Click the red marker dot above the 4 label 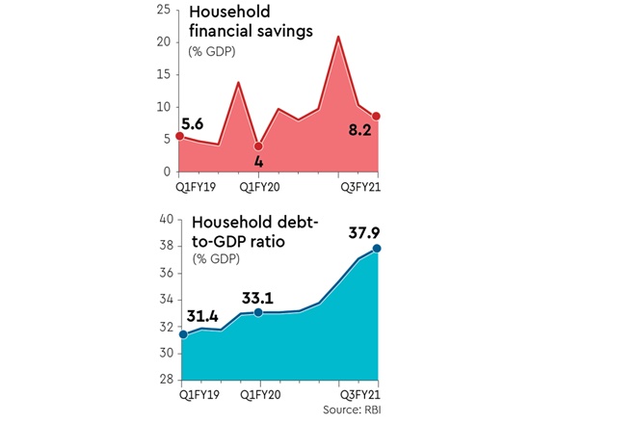(257, 146)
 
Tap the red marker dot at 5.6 (180, 137)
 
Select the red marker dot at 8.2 (376, 117)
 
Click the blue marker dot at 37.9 (377, 249)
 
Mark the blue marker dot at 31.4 (180, 334)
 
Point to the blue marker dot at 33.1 (257, 312)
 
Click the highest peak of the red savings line (337, 37)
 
